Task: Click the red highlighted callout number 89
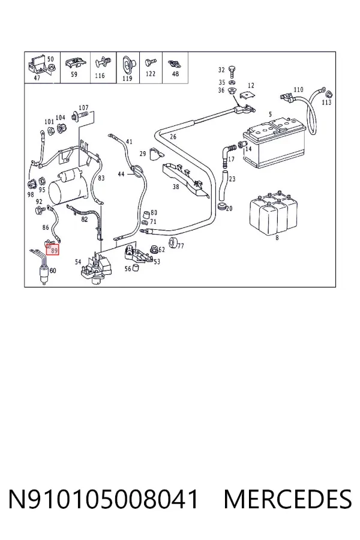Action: [54, 250]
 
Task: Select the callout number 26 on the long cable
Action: [173, 137]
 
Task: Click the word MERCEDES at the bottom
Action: [287, 499]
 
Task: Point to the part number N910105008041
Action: [103, 499]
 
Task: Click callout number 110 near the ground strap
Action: [298, 89]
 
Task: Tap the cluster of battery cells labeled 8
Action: [273, 213]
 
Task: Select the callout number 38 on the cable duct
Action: [176, 187]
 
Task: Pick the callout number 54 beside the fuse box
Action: [78, 262]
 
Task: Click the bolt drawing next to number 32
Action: [231, 72]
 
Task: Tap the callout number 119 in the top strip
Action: [127, 78]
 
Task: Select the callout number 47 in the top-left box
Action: [37, 78]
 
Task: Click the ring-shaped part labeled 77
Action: [173, 242]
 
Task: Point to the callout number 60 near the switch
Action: [52, 271]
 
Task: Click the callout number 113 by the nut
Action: [326, 102]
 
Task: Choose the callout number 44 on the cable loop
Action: [121, 174]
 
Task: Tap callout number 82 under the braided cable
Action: [85, 220]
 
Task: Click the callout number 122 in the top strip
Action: [151, 74]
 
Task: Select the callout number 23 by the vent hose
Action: [232, 179]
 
